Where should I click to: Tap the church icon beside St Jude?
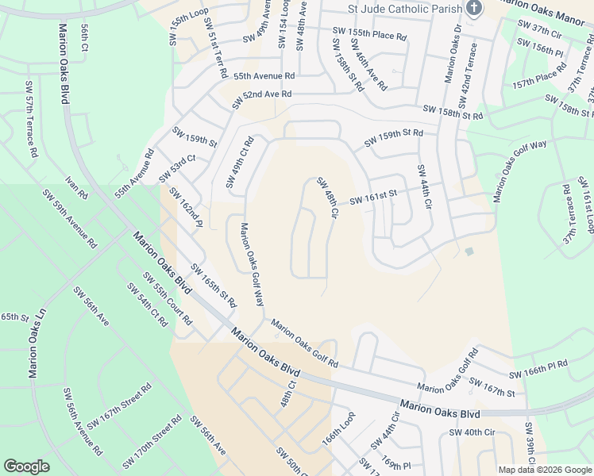(x=474, y=9)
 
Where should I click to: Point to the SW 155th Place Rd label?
(x=369, y=34)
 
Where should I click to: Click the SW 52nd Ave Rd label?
(x=261, y=99)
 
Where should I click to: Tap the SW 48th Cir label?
(x=328, y=198)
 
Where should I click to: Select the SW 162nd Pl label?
(x=186, y=208)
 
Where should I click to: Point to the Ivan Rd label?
(x=77, y=189)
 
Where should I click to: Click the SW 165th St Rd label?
(x=213, y=286)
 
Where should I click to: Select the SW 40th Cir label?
(x=472, y=432)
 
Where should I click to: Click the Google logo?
(x=27, y=466)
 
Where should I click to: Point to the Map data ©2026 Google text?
(x=544, y=469)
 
